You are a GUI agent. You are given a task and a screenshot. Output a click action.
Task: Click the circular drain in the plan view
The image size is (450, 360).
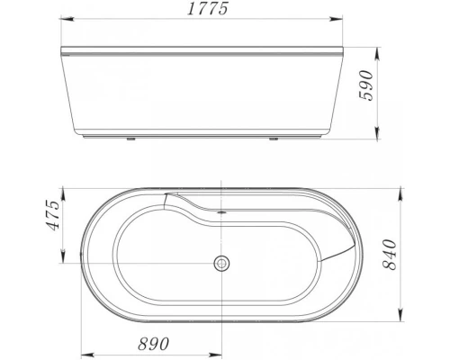tap(220, 264)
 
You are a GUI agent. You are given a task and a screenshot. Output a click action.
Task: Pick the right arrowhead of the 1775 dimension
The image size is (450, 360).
tap(344, 21)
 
